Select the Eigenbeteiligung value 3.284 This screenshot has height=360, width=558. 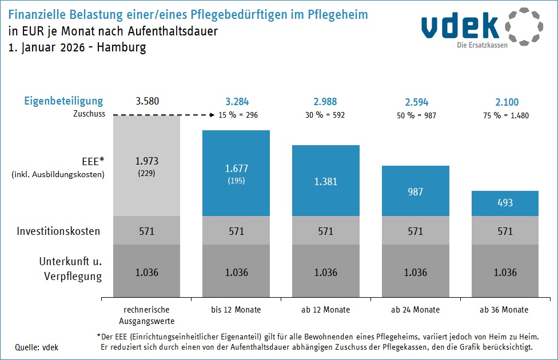click(237, 102)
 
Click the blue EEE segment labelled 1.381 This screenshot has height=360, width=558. click(326, 182)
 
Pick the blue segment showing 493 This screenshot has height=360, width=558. click(505, 203)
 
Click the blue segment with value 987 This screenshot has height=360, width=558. click(416, 191)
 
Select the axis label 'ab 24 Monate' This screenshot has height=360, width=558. click(416, 310)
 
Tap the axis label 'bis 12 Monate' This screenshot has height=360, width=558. click(236, 310)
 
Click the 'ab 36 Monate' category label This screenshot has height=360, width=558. click(505, 310)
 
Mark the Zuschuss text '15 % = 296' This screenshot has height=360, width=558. click(238, 115)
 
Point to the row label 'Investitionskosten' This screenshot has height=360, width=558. click(58, 231)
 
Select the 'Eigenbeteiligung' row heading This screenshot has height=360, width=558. click(63, 101)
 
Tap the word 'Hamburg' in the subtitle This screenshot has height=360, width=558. click(121, 47)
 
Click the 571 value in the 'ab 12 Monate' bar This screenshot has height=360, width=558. click(326, 231)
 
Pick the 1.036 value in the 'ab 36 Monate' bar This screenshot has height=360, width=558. click(505, 272)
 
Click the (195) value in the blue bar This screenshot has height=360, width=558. click(237, 181)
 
